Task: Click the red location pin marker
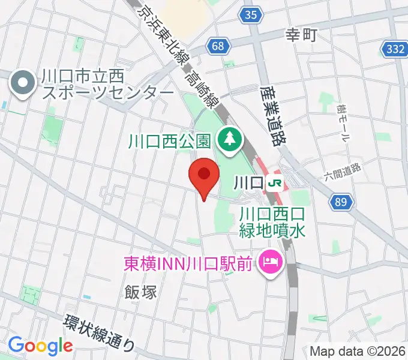204,176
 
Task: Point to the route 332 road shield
394,49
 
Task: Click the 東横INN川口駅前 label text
187,263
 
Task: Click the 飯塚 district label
141,292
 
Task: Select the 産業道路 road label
272,116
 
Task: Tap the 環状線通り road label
100,331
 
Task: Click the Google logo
40,346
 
